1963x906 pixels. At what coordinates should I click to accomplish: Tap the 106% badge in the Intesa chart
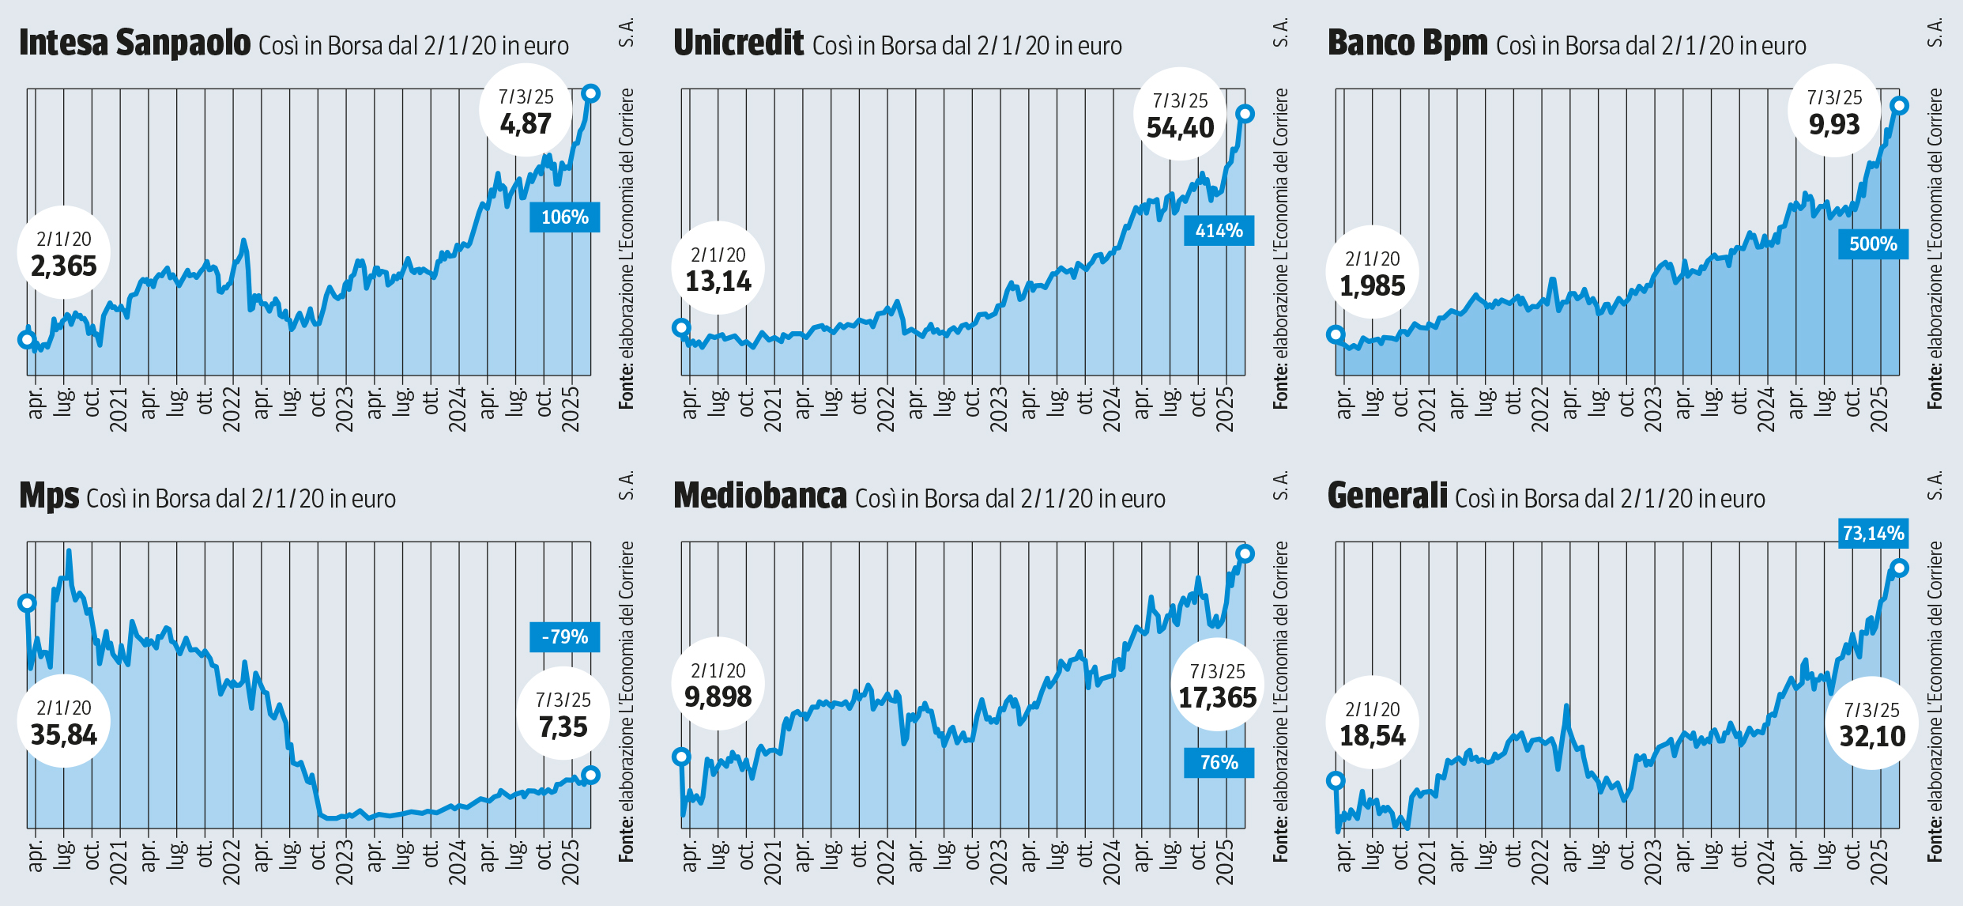(564, 217)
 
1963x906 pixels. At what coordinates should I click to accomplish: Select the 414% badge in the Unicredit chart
(1219, 231)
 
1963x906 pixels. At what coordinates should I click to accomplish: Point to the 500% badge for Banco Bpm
(1873, 243)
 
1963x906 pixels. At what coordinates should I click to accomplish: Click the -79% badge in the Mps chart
(564, 637)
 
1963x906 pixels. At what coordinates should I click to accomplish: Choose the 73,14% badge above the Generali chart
(1873, 534)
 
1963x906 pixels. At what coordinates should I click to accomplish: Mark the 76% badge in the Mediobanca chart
(1219, 763)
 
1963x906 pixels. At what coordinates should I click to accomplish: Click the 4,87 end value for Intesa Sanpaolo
(526, 124)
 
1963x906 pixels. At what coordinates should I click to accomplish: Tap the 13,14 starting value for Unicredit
(718, 281)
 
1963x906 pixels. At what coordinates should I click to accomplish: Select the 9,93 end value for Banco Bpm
(1834, 125)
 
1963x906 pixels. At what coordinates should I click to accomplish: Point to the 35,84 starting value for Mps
(63, 735)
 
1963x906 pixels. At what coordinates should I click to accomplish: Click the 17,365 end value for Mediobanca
(1217, 698)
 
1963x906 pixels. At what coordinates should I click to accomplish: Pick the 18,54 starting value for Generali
(1372, 736)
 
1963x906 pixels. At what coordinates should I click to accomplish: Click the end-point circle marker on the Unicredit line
(1245, 114)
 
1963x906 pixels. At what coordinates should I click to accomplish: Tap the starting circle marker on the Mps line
(27, 603)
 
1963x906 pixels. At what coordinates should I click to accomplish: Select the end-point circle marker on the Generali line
(1899, 568)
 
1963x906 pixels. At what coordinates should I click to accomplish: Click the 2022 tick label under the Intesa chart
(232, 410)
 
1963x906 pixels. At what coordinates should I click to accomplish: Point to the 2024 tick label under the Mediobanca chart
(1112, 863)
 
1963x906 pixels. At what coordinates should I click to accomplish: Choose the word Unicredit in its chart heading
(738, 43)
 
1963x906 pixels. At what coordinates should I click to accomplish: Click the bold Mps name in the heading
(49, 496)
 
